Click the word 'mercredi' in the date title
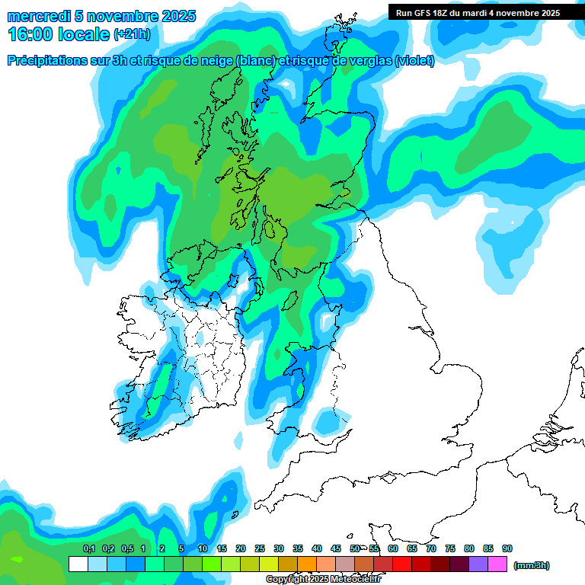(36, 16)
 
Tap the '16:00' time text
(30, 33)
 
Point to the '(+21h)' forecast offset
(131, 34)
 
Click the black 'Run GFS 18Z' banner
(478, 12)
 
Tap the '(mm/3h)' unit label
(531, 565)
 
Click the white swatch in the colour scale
(78, 564)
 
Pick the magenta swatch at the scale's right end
(497, 564)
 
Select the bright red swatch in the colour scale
(402, 564)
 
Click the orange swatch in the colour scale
(307, 564)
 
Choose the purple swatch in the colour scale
(478, 564)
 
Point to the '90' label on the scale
(507, 548)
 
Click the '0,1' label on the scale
(88, 548)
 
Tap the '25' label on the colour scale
(260, 548)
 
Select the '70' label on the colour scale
(431, 548)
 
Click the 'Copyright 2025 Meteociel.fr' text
(323, 579)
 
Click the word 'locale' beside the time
(83, 34)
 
